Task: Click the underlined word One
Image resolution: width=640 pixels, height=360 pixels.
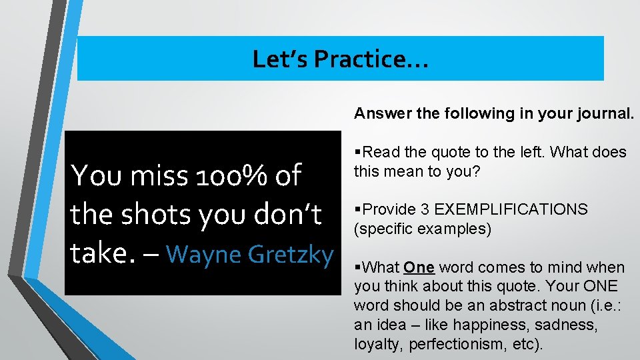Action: point(419,267)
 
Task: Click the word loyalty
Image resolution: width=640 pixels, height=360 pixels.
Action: point(377,344)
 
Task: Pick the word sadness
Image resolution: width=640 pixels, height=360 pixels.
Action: point(572,325)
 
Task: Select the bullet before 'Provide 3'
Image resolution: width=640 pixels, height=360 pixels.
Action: point(358,209)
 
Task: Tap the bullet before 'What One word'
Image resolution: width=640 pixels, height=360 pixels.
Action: point(358,267)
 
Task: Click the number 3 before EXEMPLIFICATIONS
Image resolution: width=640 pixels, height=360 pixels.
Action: point(424,209)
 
